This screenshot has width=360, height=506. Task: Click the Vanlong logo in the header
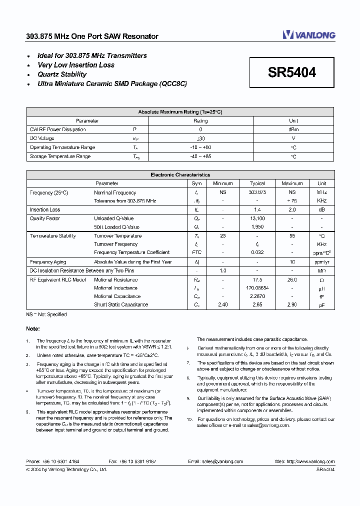tap(308, 34)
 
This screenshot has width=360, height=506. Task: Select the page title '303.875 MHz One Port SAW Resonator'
tap(92, 36)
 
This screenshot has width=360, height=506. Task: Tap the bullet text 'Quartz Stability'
tap(62, 74)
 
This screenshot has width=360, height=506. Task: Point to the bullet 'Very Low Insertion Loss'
tap(76, 65)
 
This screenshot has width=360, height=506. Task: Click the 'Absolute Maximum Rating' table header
tap(180, 112)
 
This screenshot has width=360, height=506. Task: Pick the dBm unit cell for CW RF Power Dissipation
tap(293, 129)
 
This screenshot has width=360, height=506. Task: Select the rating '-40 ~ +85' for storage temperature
tap(200, 156)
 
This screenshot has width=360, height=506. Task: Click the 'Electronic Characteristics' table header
tap(180, 175)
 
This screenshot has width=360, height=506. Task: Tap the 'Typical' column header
tap(257, 183)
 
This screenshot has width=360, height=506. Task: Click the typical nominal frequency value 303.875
tap(257, 192)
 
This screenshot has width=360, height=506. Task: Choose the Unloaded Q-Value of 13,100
tap(257, 218)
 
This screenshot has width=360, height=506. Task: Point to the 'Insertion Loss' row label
tap(45, 210)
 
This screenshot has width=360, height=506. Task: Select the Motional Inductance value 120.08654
tap(257, 288)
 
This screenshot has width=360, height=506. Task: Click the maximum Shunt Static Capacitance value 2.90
tap(292, 304)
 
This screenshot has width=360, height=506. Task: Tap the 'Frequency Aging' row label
tap(48, 262)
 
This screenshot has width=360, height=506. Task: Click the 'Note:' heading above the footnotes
tap(32, 329)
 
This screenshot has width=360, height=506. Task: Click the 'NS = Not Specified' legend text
tap(46, 314)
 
